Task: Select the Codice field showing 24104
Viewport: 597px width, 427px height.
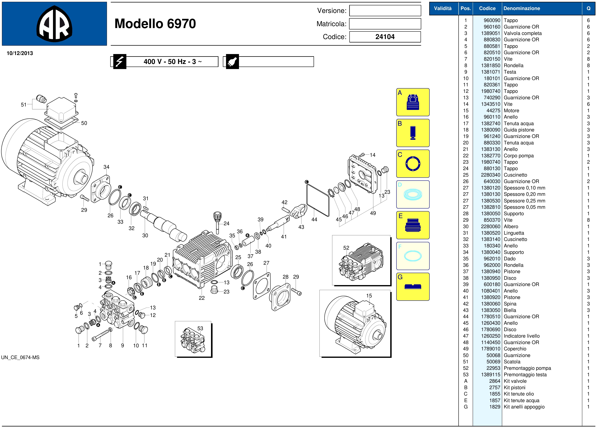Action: (385, 37)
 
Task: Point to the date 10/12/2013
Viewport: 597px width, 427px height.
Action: (20, 53)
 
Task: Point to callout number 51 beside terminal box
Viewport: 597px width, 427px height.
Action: (24, 105)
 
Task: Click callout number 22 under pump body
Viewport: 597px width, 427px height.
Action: (202, 298)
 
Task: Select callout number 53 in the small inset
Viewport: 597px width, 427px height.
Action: (200, 328)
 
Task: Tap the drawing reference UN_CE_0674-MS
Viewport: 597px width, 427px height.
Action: (20, 357)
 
